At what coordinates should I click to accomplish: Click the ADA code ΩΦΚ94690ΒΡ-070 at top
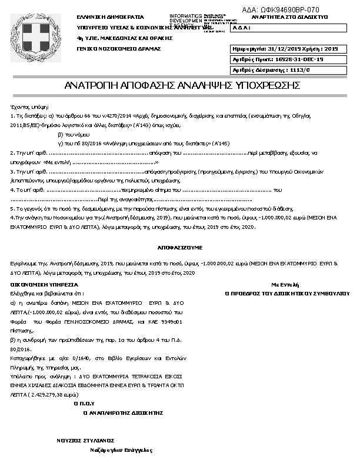[x=281, y=10]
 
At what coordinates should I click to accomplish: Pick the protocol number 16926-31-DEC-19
[x=299, y=59]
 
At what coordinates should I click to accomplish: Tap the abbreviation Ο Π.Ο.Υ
[x=84, y=404]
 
